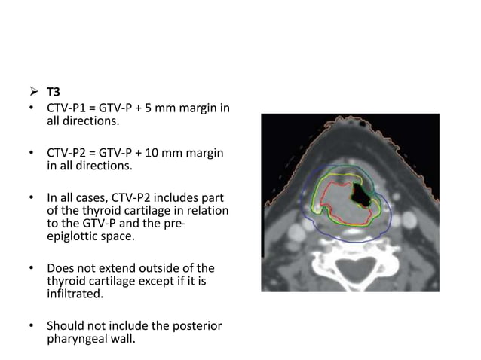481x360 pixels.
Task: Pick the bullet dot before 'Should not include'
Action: (x=32, y=327)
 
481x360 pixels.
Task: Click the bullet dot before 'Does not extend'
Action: (x=32, y=269)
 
